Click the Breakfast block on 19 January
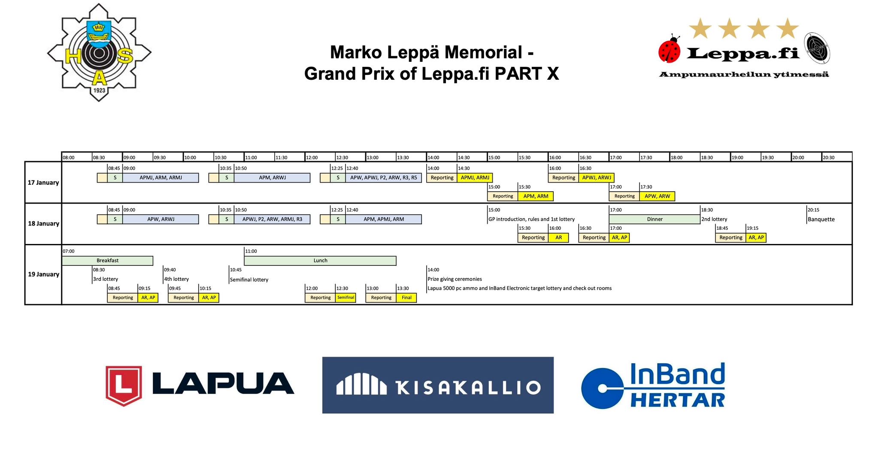click(107, 261)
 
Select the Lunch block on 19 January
click(320, 261)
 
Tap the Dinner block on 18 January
click(655, 219)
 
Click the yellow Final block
click(406, 298)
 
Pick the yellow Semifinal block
click(346, 298)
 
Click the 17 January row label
click(43, 183)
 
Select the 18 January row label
click(43, 224)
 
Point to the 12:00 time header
click(312, 157)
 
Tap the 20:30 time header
click(829, 157)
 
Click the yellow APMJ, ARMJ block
click(475, 177)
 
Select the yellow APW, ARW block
click(657, 196)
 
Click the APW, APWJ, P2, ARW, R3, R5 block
click(384, 177)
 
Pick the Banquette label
click(821, 219)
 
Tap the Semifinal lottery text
click(249, 280)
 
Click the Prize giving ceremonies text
click(455, 279)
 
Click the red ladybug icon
click(670, 49)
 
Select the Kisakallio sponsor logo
click(438, 385)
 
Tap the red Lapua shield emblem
click(124, 386)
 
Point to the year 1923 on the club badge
click(99, 90)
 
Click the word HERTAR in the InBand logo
click(677, 400)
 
